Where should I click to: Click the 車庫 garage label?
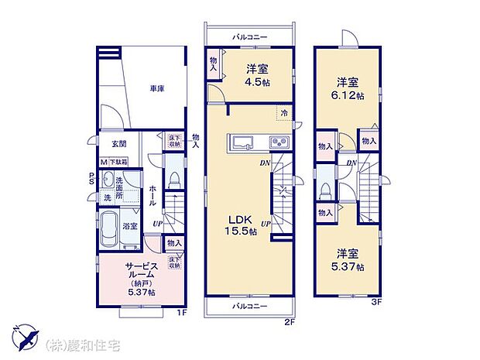(x=157, y=89)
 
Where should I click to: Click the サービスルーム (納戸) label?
(x=141, y=276)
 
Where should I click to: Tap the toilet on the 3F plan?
(x=325, y=190)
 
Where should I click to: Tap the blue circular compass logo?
(x=28, y=338)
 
